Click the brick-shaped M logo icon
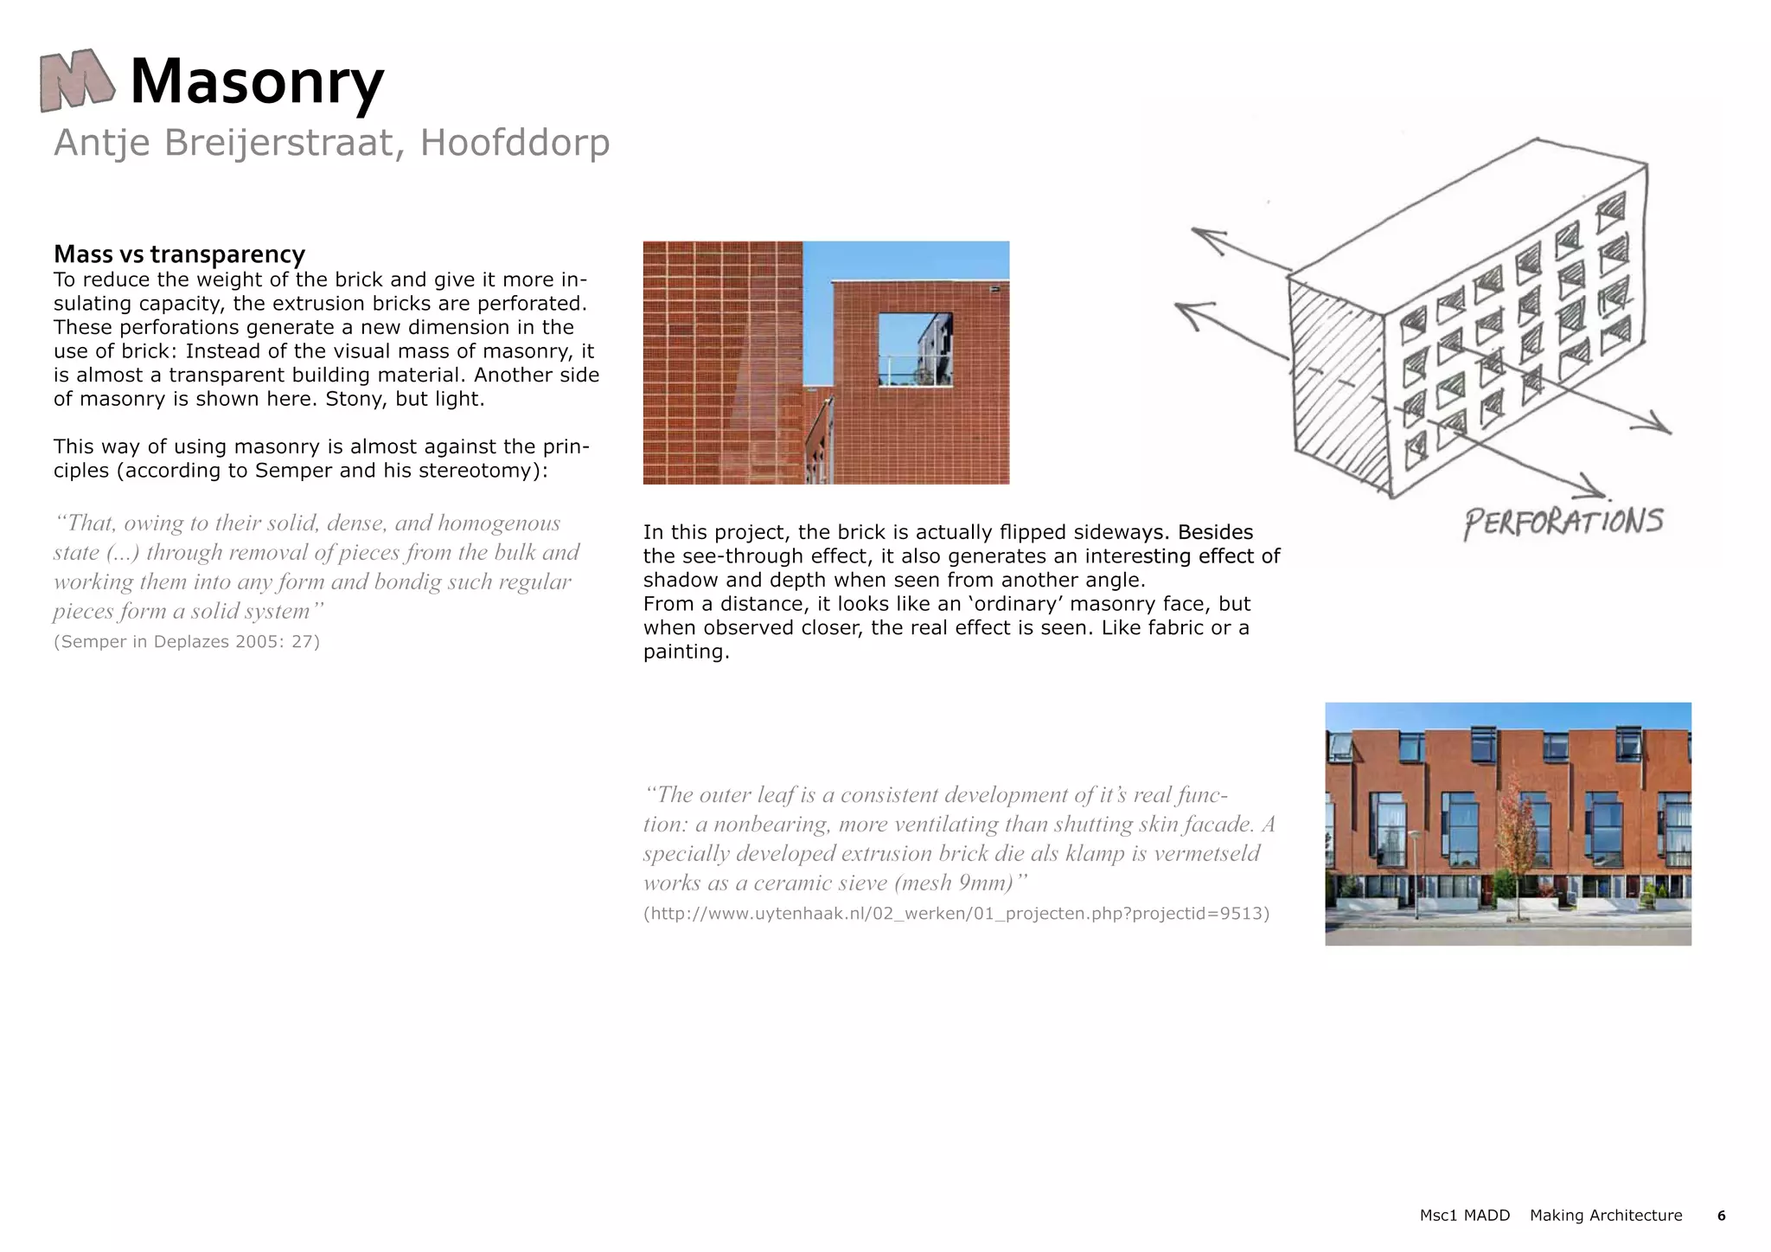(x=76, y=80)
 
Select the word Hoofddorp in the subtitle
(x=515, y=143)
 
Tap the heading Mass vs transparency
(x=179, y=254)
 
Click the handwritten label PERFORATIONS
(x=1563, y=522)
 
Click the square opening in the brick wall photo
(x=915, y=349)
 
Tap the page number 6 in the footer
(x=1721, y=1216)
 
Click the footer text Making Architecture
(x=1606, y=1216)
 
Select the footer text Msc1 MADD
(x=1464, y=1216)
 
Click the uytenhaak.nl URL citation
(x=956, y=914)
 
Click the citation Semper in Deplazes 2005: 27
(x=187, y=642)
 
